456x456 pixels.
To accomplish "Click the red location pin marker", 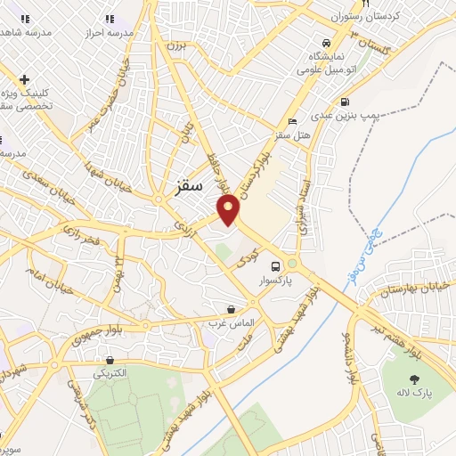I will coord(230,209).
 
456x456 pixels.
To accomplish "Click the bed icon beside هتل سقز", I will coord(292,122).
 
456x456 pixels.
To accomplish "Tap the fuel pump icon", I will coord(345,100).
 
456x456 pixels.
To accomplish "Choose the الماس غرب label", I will coord(232,322).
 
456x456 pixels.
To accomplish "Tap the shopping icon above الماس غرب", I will coord(232,308).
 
